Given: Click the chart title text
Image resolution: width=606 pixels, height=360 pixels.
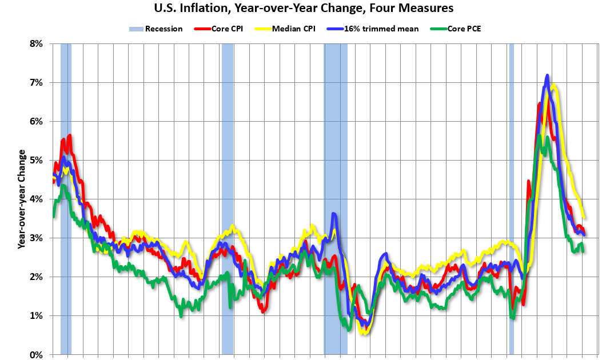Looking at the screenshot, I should (304, 9).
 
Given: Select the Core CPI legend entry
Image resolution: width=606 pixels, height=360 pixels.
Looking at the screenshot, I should (220, 29).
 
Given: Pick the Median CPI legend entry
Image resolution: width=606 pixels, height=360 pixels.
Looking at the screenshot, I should (289, 29).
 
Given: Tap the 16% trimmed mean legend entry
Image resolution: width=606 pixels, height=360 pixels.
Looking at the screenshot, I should (365, 29).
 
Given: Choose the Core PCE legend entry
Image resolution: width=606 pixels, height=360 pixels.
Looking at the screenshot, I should (457, 29).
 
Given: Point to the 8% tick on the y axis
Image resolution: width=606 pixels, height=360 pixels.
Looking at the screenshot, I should (36, 43).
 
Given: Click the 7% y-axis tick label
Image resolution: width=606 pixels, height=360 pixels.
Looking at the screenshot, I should (36, 82).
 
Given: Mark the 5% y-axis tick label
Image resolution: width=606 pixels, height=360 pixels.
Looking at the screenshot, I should (36, 160).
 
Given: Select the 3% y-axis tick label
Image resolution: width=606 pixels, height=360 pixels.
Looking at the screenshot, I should (36, 238).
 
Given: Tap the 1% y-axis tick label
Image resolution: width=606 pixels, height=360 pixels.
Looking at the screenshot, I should (36, 315).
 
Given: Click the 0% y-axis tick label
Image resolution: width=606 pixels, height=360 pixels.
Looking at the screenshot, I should (36, 354).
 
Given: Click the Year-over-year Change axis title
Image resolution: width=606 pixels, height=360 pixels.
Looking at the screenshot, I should (22, 199).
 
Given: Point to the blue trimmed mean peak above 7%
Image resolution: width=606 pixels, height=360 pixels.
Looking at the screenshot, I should (547, 75).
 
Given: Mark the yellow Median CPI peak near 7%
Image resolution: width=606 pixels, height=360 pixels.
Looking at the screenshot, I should (554, 86).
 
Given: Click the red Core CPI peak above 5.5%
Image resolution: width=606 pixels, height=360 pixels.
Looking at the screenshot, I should (70, 135).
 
